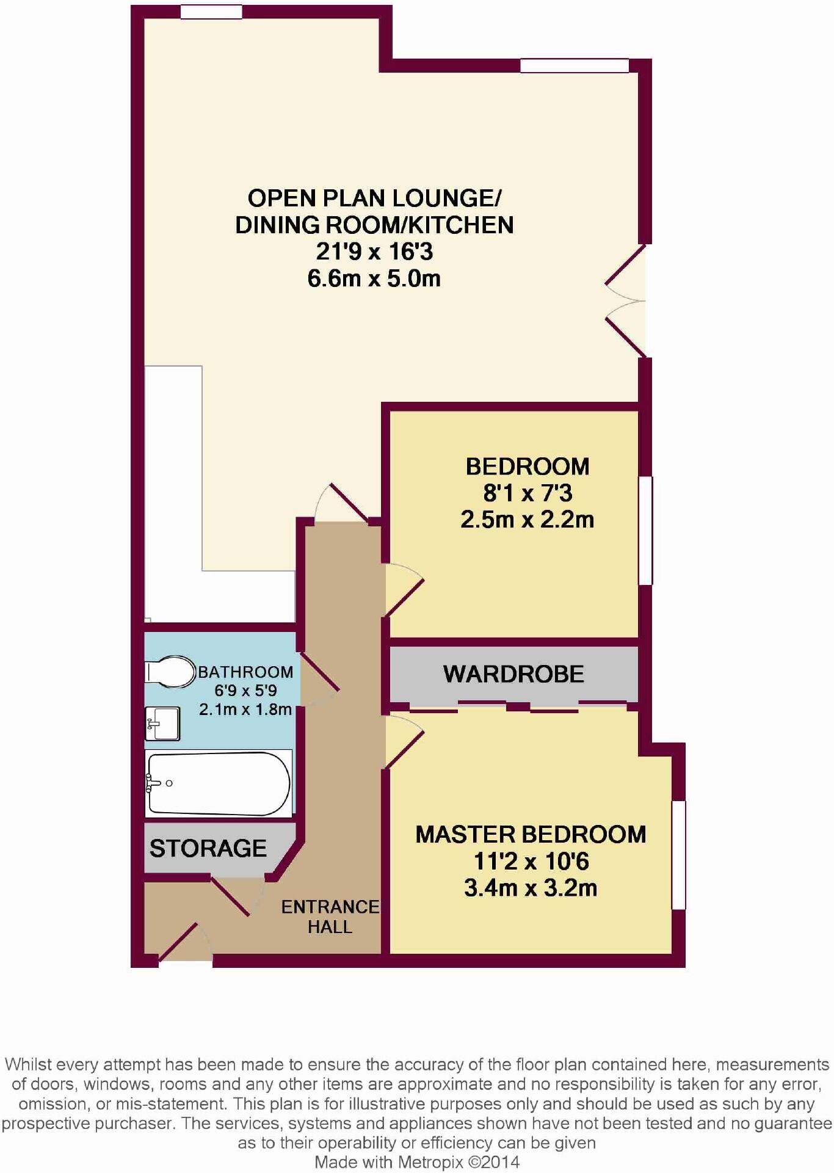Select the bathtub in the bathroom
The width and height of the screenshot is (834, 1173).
(x=219, y=783)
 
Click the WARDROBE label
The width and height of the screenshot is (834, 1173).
(x=513, y=674)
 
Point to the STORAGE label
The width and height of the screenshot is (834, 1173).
(x=208, y=848)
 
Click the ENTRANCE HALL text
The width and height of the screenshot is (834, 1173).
(x=330, y=917)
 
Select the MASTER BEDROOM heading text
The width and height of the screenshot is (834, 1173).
(x=531, y=834)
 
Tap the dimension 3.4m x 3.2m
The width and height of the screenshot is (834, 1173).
(x=531, y=887)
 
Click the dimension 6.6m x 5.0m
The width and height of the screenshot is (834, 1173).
(x=374, y=278)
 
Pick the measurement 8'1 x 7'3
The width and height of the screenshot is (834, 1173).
(x=528, y=493)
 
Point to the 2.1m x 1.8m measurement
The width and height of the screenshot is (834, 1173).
(x=245, y=710)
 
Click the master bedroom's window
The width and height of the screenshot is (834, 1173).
(x=678, y=855)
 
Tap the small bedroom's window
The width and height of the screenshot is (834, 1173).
(x=645, y=531)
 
